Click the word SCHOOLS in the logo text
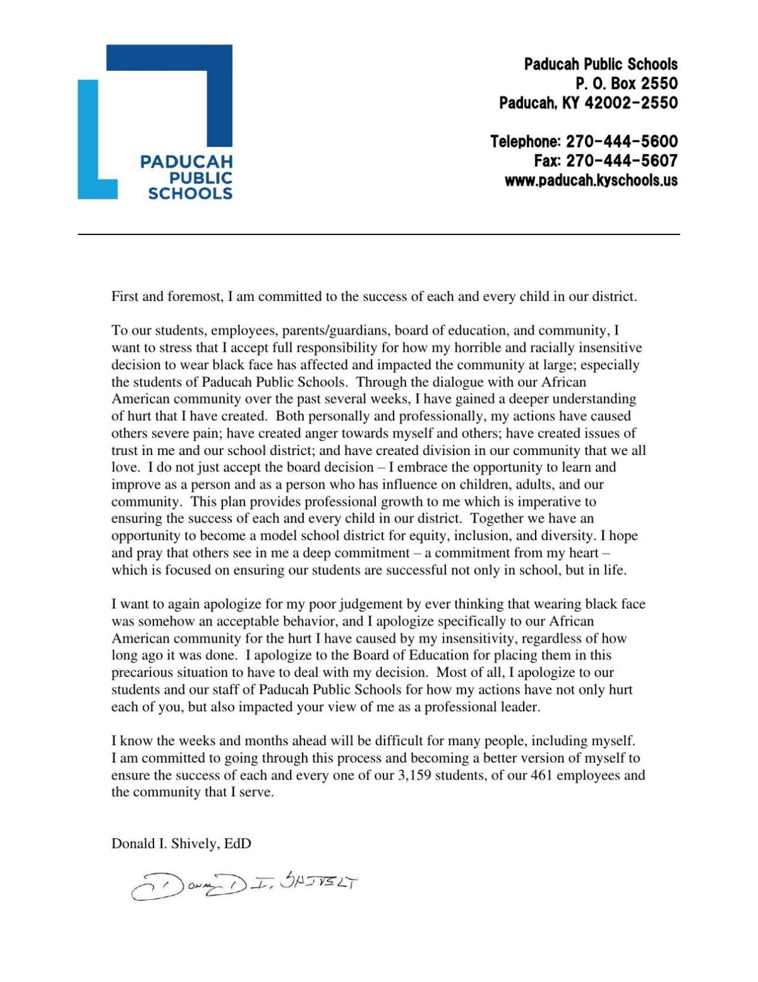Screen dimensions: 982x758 pyautogui.click(x=190, y=193)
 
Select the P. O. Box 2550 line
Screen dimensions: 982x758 pyautogui.click(x=626, y=83)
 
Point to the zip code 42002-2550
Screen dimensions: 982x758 pyautogui.click(x=631, y=102)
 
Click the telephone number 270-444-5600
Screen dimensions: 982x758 pyautogui.click(x=622, y=142)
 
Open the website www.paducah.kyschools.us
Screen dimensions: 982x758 pyautogui.click(x=591, y=181)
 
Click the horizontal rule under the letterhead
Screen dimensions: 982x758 pyautogui.click(x=379, y=234)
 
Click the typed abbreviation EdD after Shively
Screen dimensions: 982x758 pyautogui.click(x=238, y=843)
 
